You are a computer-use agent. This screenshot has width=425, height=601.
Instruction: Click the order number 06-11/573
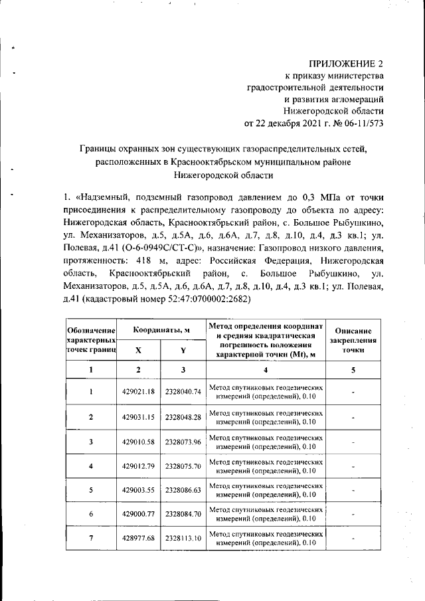pyautogui.click(x=359, y=123)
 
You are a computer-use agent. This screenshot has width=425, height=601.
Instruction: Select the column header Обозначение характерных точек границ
pyautogui.click(x=91, y=339)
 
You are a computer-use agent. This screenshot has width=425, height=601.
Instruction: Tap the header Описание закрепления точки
pyautogui.click(x=357, y=339)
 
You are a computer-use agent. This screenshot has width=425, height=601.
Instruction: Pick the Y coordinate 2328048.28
pyautogui.click(x=183, y=417)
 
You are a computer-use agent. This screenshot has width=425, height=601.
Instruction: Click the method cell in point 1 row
pyautogui.click(x=266, y=391)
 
